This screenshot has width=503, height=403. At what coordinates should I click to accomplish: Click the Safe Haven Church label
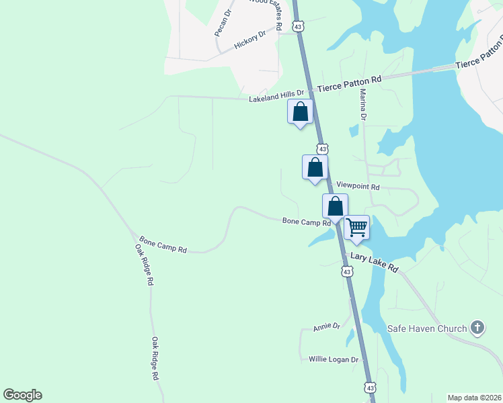[x=427, y=328]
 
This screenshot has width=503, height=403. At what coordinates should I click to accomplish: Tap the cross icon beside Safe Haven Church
[x=477, y=328]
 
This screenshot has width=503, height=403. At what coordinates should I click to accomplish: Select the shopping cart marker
[x=356, y=227]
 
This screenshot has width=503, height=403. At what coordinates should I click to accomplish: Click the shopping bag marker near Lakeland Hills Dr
[x=300, y=111]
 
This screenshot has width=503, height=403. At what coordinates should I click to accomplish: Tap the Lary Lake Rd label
[x=374, y=262]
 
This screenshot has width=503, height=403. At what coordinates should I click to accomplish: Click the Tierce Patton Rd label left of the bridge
[x=349, y=83]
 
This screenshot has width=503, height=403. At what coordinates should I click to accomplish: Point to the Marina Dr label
[x=363, y=105]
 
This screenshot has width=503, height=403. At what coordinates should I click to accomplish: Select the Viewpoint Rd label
[x=358, y=186]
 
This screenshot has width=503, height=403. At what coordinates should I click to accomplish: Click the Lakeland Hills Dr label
[x=276, y=96]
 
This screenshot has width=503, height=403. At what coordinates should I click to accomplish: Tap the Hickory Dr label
[x=250, y=40]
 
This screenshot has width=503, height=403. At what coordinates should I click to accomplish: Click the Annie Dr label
[x=327, y=326]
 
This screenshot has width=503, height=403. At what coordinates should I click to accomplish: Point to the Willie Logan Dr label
[x=334, y=359]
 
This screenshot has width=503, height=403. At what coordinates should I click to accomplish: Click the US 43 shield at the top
[x=299, y=26]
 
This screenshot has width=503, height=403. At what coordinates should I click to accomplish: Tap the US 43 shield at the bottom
[x=370, y=388]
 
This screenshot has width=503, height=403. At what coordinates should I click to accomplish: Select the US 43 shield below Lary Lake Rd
[x=346, y=271]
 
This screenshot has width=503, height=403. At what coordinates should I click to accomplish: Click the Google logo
[x=22, y=395]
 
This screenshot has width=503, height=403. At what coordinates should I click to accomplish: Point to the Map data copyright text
[x=474, y=398]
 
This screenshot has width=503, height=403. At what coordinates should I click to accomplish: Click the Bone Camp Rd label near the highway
[x=306, y=221]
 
